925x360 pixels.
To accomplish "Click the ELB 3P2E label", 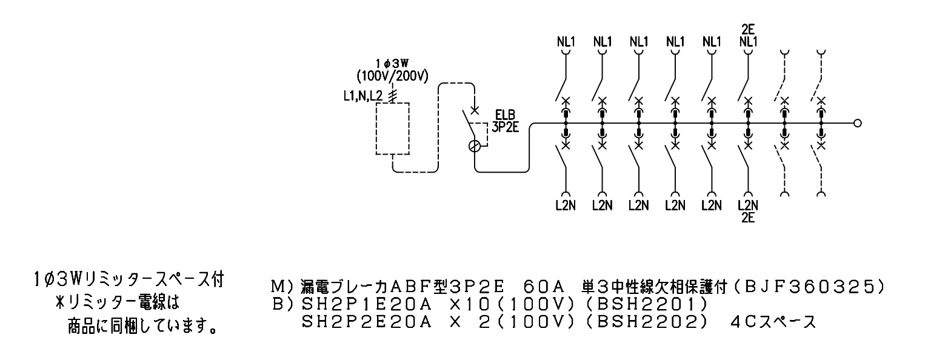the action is tap(505, 121).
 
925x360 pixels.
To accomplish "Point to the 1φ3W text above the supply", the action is tap(392, 64).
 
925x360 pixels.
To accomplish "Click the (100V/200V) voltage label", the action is tap(392, 76).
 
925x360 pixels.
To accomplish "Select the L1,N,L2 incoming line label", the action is tap(364, 96).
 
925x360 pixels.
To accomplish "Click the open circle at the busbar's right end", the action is tap(857, 123).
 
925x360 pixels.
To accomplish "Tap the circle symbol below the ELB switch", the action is tap(475, 146).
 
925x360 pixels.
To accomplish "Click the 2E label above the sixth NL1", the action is tap(748, 29).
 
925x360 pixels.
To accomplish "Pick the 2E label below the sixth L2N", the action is tap(748, 217).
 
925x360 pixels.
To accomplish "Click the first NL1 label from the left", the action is tap(566, 42).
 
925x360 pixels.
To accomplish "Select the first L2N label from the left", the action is tap(566, 205).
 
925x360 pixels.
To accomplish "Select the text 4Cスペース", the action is tap(773, 322).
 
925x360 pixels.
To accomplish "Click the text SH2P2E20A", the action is tap(367, 322).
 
